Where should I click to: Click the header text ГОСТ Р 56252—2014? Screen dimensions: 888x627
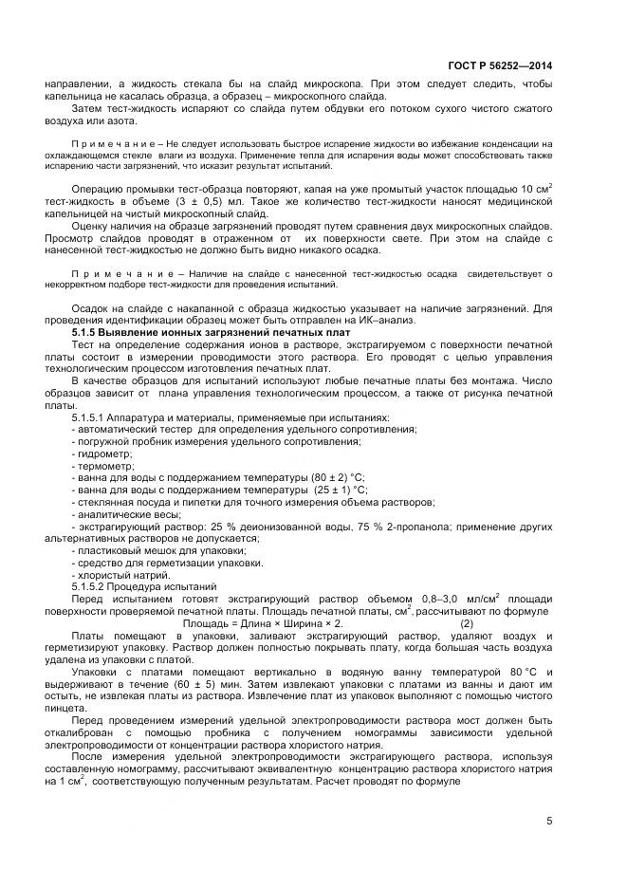point(500,65)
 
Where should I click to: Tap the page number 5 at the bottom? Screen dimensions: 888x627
point(549,822)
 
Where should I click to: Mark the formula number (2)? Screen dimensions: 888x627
point(467,623)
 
